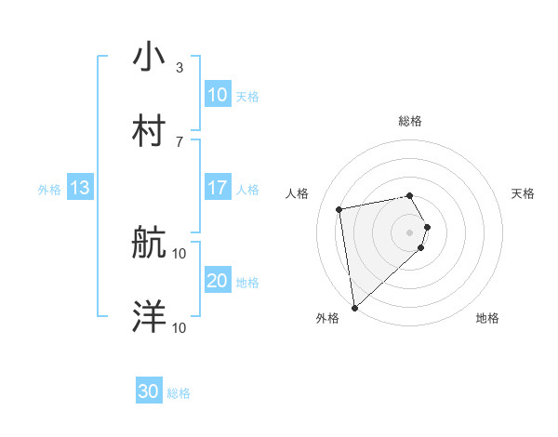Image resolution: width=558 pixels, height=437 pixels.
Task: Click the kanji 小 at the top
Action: click(x=149, y=58)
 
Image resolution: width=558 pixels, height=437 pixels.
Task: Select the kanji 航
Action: click(x=149, y=244)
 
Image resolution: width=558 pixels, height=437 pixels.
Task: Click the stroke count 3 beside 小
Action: click(x=179, y=68)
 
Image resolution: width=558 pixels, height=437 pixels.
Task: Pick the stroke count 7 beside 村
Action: click(x=179, y=141)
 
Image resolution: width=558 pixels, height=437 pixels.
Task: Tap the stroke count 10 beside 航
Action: click(x=179, y=254)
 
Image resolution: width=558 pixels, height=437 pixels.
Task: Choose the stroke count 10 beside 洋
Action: click(x=179, y=327)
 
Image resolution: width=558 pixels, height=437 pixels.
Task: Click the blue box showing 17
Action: click(x=217, y=188)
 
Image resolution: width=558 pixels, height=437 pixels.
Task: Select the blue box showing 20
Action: click(x=217, y=281)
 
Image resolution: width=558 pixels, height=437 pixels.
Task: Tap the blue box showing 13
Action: click(x=80, y=188)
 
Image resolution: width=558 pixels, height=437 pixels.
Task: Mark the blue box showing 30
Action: click(x=149, y=392)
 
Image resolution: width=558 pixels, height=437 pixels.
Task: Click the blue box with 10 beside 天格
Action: click(x=217, y=95)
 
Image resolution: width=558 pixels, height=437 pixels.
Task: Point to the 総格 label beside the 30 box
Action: click(x=179, y=393)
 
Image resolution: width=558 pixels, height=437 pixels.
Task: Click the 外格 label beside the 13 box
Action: click(x=49, y=189)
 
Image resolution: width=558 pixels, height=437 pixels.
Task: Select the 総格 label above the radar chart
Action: click(x=410, y=121)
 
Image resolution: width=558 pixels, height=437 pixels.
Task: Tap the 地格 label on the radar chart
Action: click(x=487, y=318)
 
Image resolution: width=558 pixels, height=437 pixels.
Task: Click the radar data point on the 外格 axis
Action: click(x=354, y=308)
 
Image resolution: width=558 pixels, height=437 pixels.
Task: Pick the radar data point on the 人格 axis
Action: click(x=339, y=209)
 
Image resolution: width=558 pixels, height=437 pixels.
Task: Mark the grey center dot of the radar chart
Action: click(x=410, y=232)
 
